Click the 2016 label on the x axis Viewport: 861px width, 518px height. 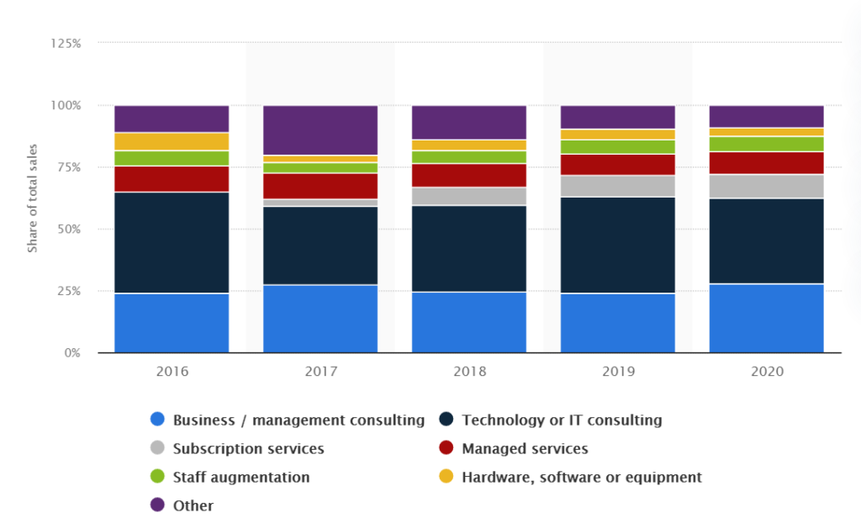(172, 371)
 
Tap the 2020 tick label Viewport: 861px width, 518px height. (766, 371)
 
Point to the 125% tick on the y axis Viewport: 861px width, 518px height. (66, 43)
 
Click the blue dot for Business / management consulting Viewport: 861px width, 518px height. (157, 420)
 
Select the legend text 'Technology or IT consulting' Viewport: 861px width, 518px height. (562, 420)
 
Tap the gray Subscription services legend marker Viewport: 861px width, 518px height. (157, 448)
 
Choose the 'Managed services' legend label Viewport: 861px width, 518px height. (525, 448)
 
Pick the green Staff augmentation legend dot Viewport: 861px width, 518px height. (157, 477)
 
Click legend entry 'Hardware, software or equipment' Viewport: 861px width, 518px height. (582, 477)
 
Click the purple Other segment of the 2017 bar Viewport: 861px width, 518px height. (320, 130)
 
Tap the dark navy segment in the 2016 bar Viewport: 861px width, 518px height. (172, 242)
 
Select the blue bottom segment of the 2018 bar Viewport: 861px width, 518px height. (469, 322)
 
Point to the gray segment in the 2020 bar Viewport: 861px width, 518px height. (766, 186)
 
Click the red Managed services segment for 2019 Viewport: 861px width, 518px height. (617, 165)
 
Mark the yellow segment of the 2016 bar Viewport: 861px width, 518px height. (172, 141)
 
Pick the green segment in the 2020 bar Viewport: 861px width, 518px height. (766, 144)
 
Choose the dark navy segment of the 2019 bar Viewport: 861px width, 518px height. (617, 245)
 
